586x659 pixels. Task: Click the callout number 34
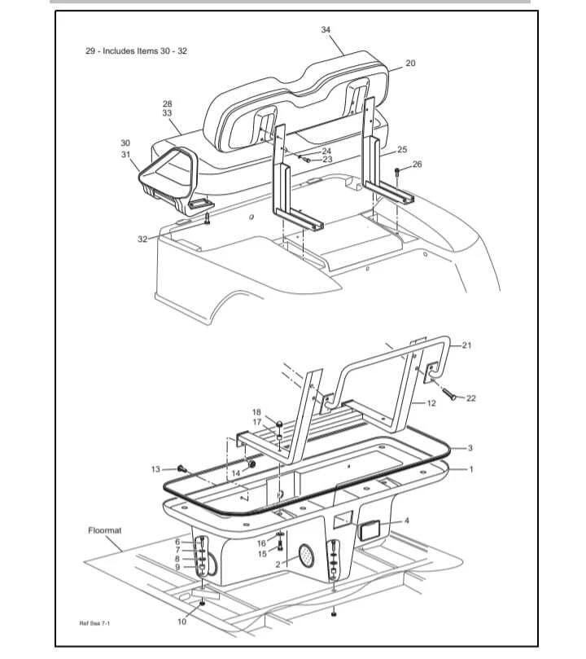click(x=326, y=29)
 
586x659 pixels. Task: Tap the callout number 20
click(x=410, y=64)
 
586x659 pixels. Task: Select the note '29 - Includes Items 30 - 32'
click(x=138, y=51)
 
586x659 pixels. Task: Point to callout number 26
click(x=417, y=165)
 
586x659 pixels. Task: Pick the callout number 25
click(x=401, y=150)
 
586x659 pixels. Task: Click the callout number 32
click(x=143, y=239)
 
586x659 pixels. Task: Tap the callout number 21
click(x=466, y=345)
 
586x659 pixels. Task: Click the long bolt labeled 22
click(x=450, y=394)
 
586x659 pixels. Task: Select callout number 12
click(x=431, y=403)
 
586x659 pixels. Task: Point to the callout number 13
click(x=156, y=469)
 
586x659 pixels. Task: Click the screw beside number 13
click(x=181, y=468)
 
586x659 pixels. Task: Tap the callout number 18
click(x=256, y=412)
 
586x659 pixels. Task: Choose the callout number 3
click(x=470, y=448)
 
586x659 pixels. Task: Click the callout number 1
click(x=470, y=469)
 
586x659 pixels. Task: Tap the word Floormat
click(x=105, y=530)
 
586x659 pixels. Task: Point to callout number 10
click(x=181, y=622)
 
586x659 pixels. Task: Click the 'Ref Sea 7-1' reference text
click(x=94, y=624)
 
